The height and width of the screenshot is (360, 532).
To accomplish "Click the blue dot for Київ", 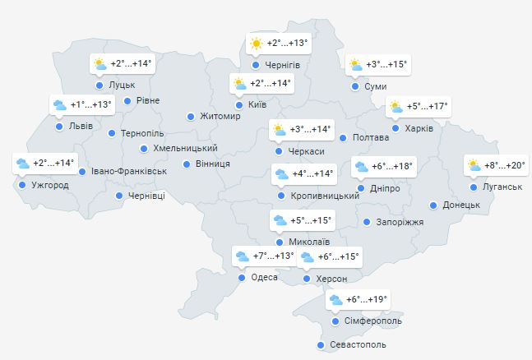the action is click(239, 105).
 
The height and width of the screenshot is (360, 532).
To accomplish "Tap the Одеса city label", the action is click(264, 278).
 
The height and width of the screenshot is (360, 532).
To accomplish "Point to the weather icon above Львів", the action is click(59, 104).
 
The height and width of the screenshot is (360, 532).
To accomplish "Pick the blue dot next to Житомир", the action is click(191, 117).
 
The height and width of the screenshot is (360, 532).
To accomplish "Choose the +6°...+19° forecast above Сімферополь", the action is click(367, 300).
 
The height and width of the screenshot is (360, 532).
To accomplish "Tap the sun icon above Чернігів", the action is click(256, 43).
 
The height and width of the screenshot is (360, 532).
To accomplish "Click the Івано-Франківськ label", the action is click(129, 171).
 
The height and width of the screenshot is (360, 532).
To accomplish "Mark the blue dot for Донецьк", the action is click(433, 205).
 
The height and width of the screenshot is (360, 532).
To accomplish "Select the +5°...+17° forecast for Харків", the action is click(428, 106).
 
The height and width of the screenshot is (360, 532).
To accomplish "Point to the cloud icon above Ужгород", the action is click(22, 163).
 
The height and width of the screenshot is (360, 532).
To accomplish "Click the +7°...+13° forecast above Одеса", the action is click(273, 256).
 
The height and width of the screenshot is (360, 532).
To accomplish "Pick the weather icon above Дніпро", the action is click(360, 167).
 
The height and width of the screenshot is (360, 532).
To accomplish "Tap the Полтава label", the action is click(370, 137).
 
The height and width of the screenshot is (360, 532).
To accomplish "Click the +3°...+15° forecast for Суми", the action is click(386, 64).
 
